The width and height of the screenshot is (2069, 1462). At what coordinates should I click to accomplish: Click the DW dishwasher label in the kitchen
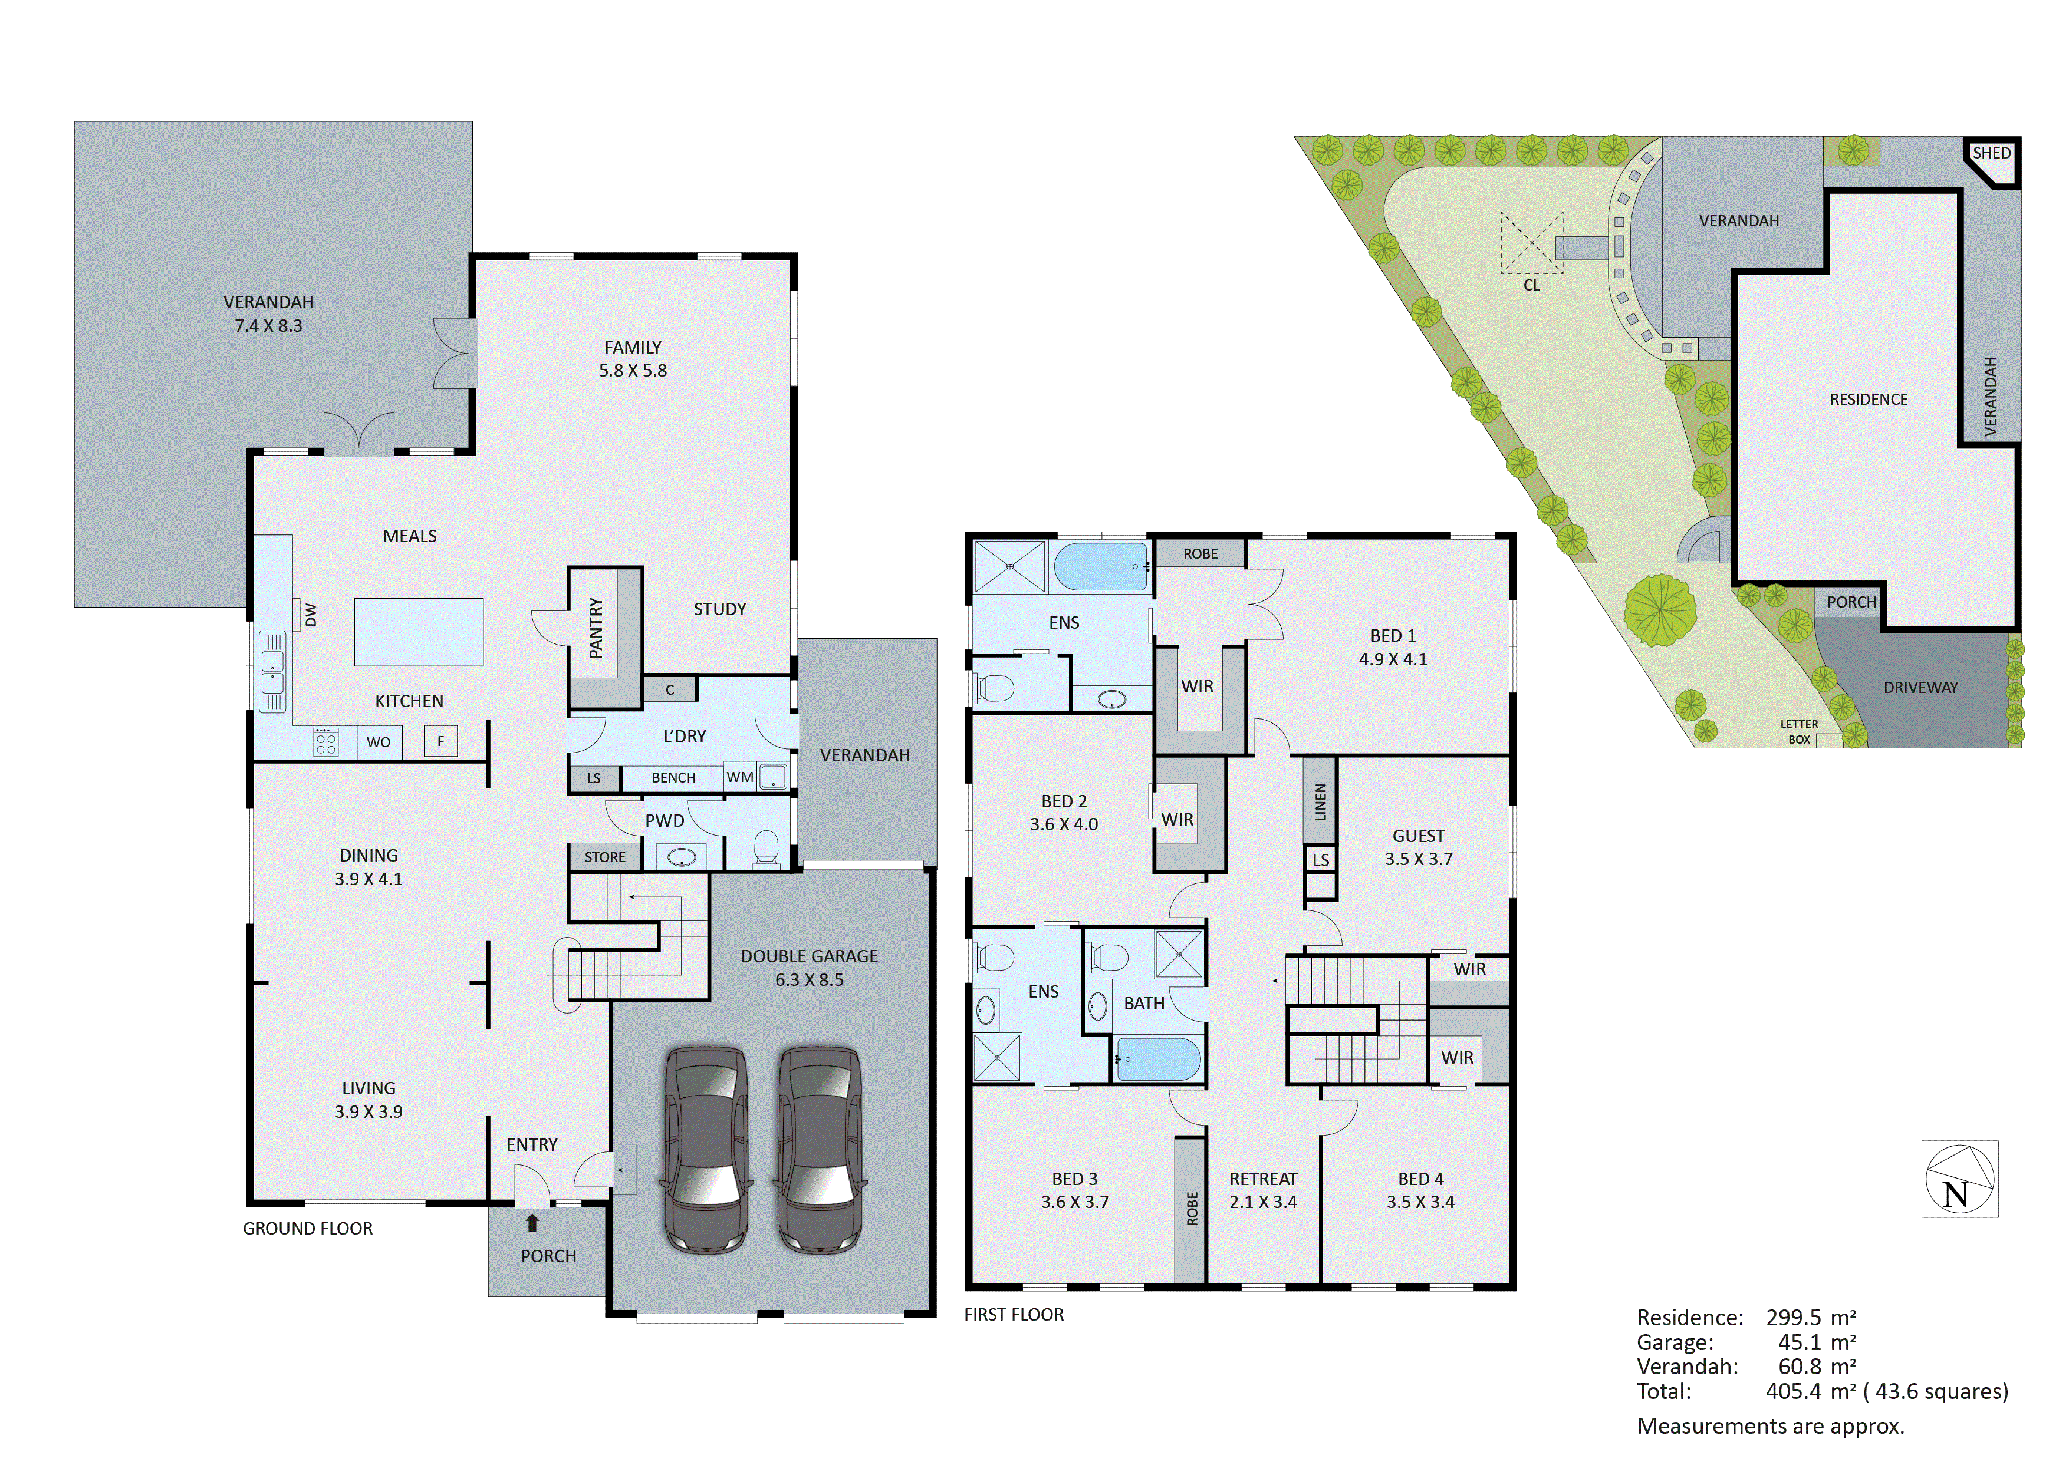click(x=311, y=615)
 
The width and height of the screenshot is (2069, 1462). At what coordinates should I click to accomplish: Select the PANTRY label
click(x=596, y=627)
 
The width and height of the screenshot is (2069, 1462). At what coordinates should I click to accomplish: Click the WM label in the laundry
click(x=740, y=777)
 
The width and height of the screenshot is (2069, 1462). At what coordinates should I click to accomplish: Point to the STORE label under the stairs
click(x=604, y=857)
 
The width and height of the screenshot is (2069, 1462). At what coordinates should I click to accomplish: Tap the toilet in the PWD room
click(x=765, y=847)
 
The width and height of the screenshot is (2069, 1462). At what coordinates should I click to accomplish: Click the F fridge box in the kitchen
click(x=440, y=741)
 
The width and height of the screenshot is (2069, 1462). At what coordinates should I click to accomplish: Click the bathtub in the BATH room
click(x=1159, y=1060)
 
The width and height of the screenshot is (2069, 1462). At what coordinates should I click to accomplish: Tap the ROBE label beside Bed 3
click(x=1191, y=1209)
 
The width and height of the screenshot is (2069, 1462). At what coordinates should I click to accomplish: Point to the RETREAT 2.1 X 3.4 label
click(x=1264, y=1190)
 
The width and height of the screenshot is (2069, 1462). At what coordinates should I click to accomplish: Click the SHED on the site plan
click(x=1991, y=154)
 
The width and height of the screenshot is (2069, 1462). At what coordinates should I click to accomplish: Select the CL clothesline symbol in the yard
click(x=1531, y=243)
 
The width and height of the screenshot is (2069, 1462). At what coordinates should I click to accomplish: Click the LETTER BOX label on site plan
click(x=1799, y=731)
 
